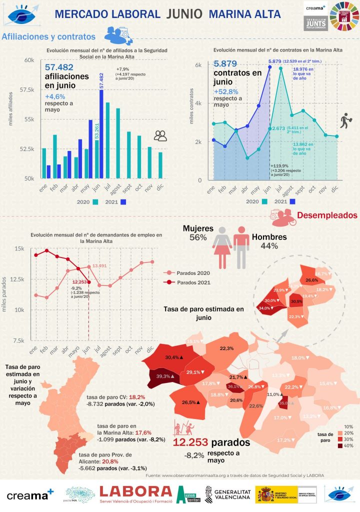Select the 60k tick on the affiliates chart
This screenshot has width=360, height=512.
[x=27, y=60]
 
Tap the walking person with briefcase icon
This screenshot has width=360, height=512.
[x=345, y=120]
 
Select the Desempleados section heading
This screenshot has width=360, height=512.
[x=327, y=215]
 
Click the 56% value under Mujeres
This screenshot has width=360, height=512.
[x=198, y=237]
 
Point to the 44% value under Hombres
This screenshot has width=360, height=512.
[x=269, y=245]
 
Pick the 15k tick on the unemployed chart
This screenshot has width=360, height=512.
[x=19, y=248]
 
